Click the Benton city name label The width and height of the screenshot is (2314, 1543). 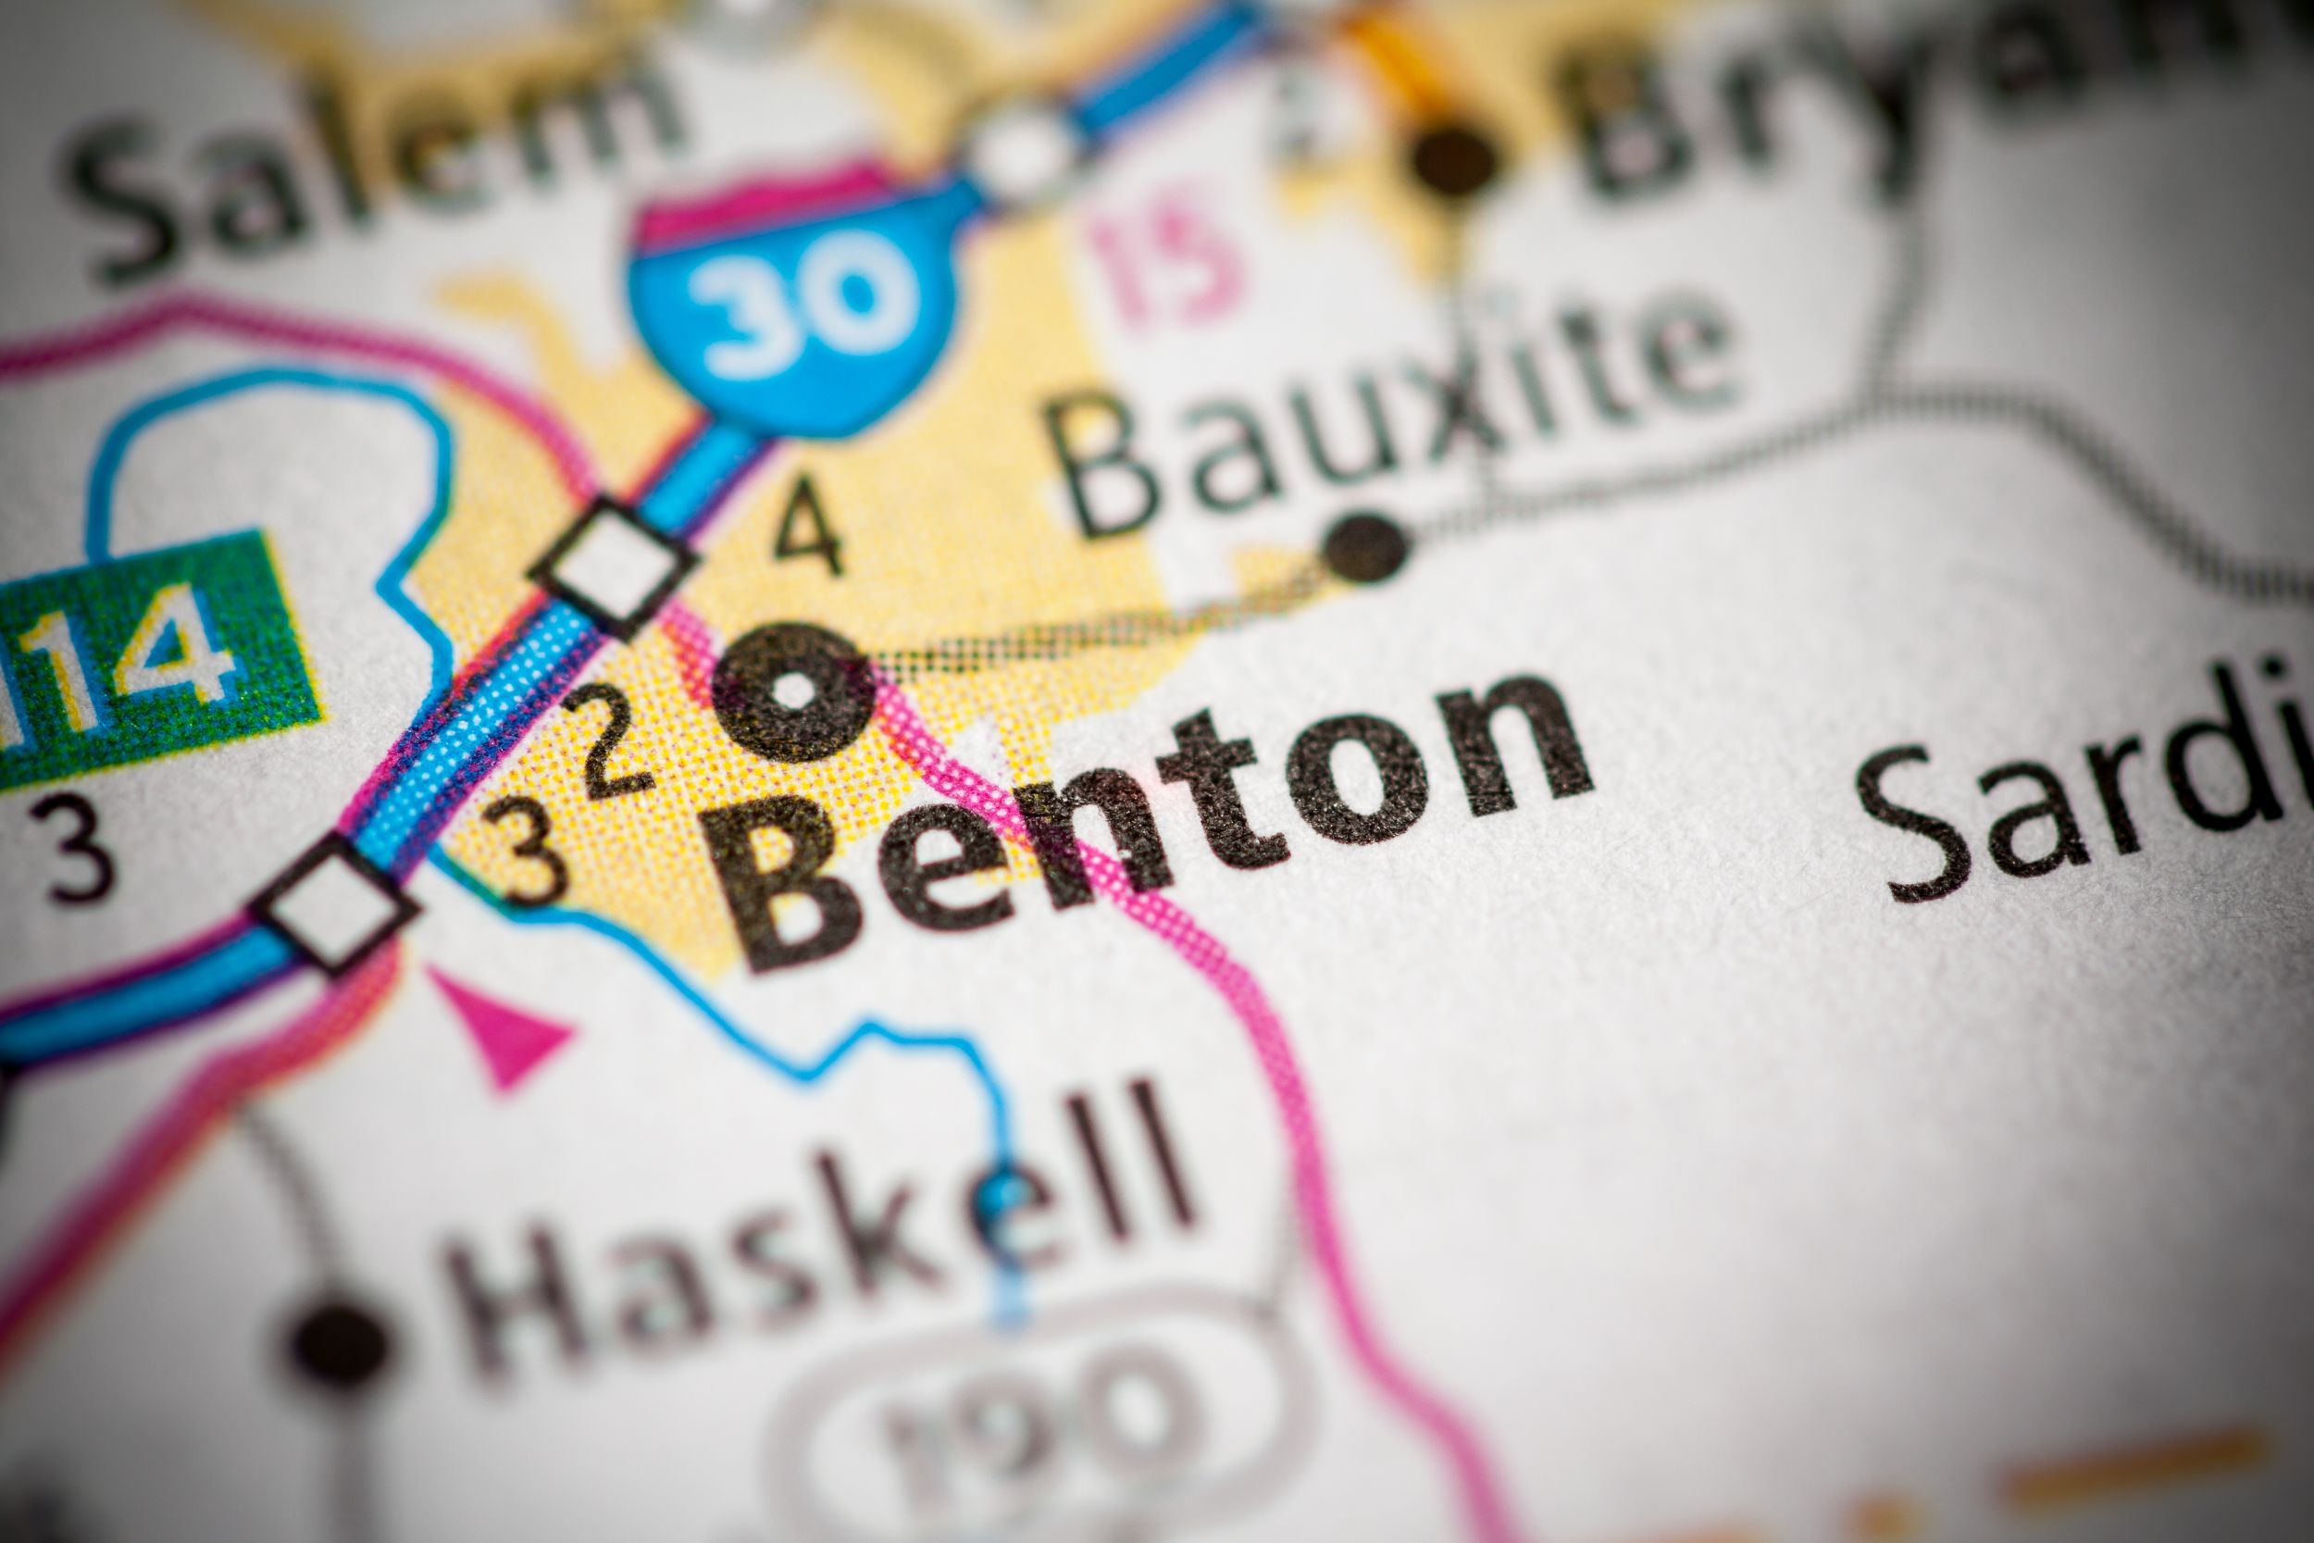[1161, 816]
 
